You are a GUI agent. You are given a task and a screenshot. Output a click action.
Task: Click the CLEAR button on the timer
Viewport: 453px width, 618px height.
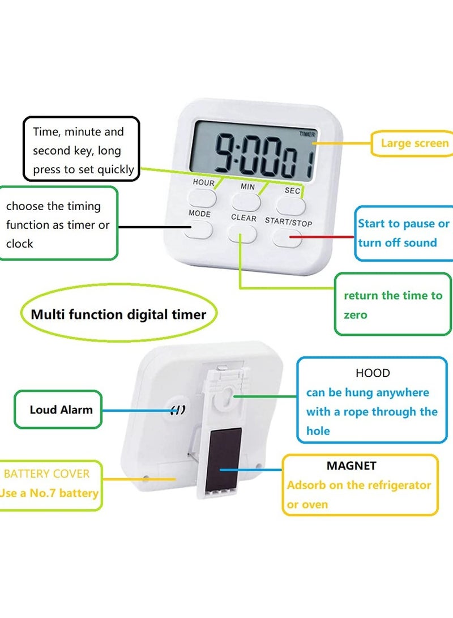point(242,233)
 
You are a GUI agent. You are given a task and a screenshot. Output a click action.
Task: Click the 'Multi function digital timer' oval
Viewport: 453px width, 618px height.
point(118,314)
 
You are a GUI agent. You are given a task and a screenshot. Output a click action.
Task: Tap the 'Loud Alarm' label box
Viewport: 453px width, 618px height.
point(61,409)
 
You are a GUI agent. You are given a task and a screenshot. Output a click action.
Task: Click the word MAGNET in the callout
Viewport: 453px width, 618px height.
point(351,466)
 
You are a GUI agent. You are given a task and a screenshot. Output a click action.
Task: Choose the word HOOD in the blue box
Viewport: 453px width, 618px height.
point(373,373)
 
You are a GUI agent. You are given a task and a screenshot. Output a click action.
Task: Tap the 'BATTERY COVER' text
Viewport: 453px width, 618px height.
point(47,474)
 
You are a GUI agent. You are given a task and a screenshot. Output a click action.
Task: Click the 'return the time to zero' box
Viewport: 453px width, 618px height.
point(392,304)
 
